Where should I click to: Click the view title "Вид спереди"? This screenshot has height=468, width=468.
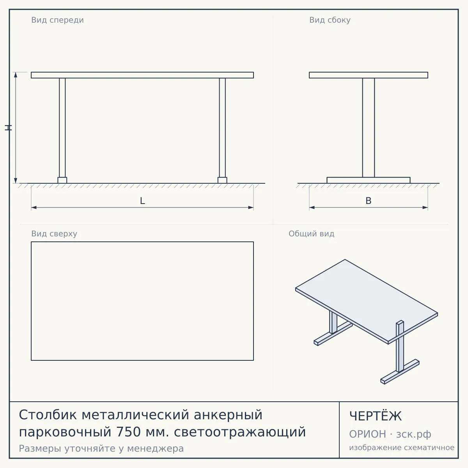point(58,20)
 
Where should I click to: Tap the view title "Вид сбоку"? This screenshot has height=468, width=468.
point(330,20)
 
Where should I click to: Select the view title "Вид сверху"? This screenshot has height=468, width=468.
point(54,234)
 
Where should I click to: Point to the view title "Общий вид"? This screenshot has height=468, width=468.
point(311,234)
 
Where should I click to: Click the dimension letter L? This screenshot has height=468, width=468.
point(143,201)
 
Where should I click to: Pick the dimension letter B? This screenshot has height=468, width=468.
point(369,201)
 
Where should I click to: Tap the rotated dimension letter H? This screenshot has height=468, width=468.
point(8,128)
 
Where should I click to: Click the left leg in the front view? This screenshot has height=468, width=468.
point(62,128)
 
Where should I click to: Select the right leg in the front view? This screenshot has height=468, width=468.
point(222,128)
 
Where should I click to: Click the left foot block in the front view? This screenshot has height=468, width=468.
point(62,180)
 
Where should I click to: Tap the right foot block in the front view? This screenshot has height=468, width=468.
point(222,180)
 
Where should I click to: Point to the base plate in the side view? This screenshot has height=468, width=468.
point(369,180)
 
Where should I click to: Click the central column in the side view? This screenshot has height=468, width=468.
point(369,128)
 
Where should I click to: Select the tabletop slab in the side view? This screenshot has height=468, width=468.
point(369,75)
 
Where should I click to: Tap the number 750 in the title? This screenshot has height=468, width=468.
point(129,432)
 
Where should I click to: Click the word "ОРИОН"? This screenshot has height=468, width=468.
point(367,434)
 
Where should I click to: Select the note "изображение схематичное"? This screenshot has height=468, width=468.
point(402,448)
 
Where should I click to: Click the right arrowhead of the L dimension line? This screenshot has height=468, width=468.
point(251,207)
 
